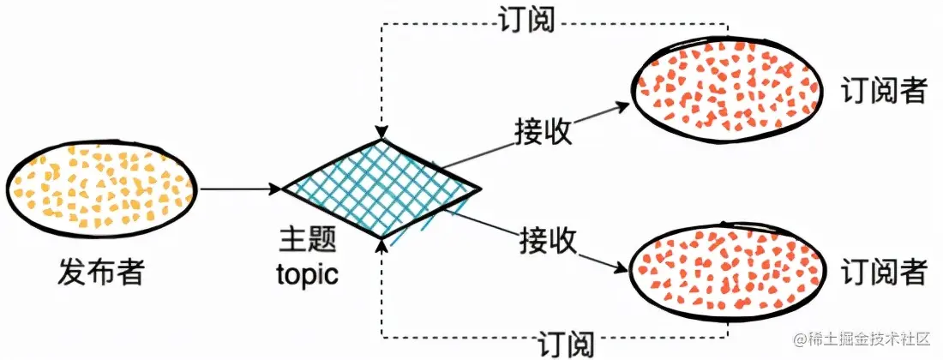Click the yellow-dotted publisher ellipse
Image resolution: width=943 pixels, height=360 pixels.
[101, 186]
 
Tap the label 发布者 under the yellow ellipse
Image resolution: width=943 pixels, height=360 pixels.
[101, 273]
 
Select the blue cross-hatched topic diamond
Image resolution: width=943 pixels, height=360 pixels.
[381, 189]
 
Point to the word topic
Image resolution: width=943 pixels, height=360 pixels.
[308, 274]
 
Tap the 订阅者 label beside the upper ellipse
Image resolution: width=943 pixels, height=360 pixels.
[884, 91]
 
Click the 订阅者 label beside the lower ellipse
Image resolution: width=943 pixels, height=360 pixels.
[884, 273]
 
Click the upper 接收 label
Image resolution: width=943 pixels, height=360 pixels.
[544, 131]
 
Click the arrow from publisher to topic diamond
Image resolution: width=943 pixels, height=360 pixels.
[241, 188]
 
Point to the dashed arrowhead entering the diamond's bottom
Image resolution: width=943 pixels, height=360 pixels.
[381, 246]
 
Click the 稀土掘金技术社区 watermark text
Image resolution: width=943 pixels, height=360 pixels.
[866, 340]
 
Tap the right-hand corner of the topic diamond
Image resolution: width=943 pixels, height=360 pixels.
[477, 188]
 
